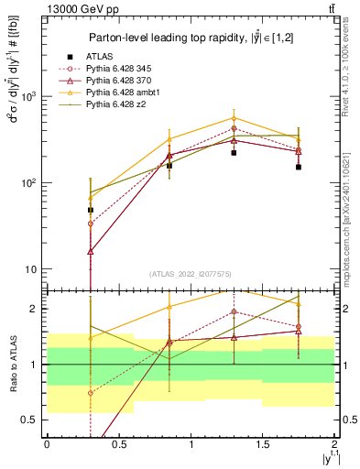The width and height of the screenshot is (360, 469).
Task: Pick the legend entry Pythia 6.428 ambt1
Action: (120, 94)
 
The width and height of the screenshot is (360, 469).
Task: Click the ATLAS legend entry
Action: (101, 56)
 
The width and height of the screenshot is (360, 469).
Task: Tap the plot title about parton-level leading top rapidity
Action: (190, 38)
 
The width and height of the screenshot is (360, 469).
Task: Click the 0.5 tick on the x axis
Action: (118, 443)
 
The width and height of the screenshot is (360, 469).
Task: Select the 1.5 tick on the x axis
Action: (263, 443)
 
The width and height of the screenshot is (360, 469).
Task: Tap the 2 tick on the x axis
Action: (334, 443)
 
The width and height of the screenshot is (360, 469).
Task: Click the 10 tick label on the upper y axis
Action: (30, 269)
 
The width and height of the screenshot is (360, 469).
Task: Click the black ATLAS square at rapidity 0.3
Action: (90, 210)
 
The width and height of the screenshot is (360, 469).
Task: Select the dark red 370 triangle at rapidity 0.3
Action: (90, 251)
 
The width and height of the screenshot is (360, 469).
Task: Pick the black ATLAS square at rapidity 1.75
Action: (299, 167)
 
